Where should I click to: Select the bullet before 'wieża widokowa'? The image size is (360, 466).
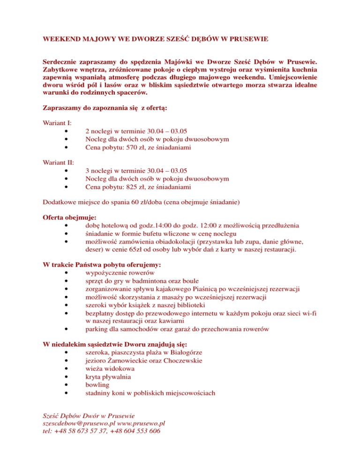tap(69, 368)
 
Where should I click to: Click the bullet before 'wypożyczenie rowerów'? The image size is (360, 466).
tap(69, 273)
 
